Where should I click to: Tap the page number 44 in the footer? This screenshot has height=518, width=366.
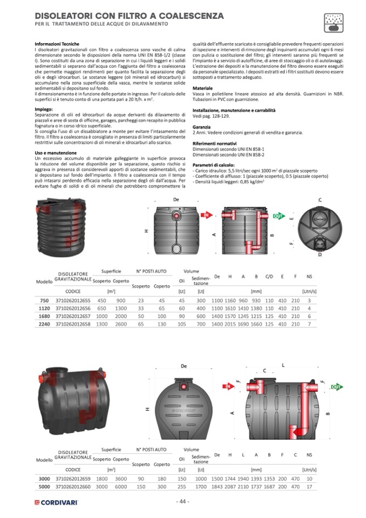tap(183, 501)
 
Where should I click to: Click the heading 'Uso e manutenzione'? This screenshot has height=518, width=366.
tap(56, 153)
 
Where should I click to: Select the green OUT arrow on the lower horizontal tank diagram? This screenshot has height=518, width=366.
tap(336, 387)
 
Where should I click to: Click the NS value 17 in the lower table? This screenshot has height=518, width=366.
tap(309, 486)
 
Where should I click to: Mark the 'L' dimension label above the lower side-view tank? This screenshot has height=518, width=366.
tap(282, 366)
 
